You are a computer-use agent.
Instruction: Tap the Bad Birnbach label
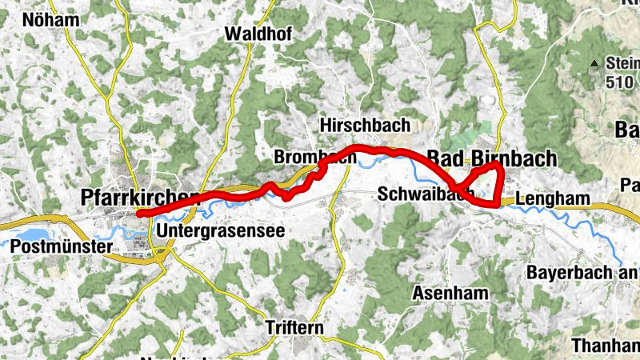click(491, 158)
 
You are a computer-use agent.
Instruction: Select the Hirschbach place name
click(364, 126)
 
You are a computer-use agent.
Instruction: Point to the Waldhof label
click(258, 34)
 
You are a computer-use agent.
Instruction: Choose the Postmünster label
click(61, 247)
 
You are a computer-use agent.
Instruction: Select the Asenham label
click(450, 294)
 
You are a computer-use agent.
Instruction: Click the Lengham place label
click(552, 199)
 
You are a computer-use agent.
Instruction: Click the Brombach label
click(314, 157)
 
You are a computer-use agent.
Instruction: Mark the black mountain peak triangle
click(594, 63)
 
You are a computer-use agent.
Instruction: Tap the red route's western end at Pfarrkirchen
click(140, 214)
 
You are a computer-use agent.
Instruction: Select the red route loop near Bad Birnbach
click(488, 182)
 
